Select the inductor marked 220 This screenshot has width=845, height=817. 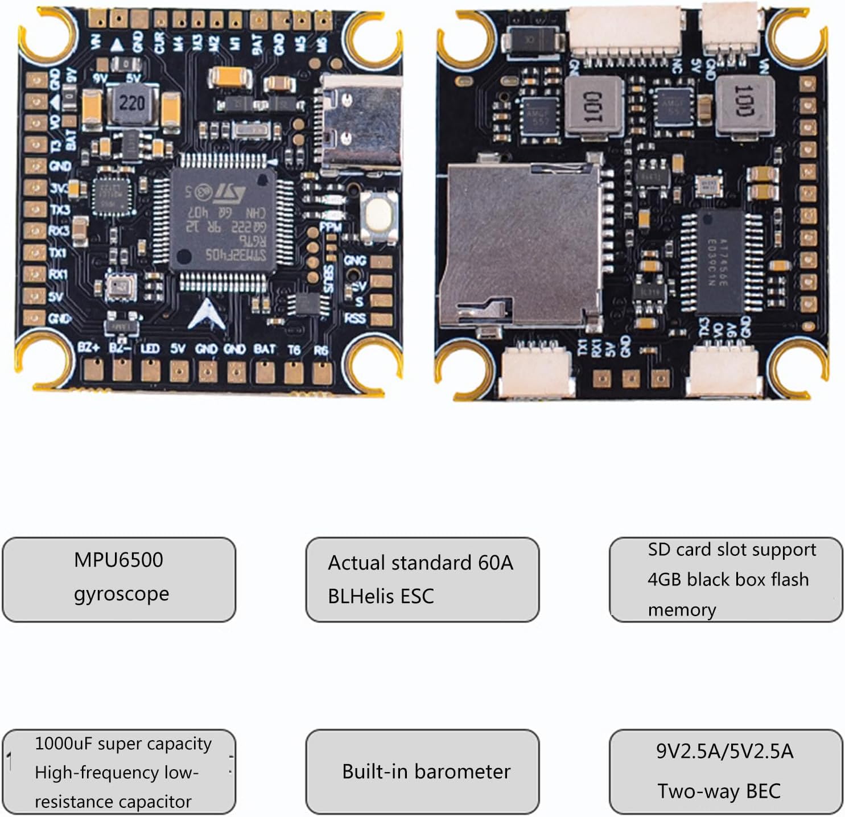pyautogui.click(x=131, y=103)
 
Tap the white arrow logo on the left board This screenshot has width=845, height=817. pyautogui.click(x=206, y=315)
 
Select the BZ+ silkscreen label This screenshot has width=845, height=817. pyautogui.click(x=89, y=348)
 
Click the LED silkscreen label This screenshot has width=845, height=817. pyautogui.click(x=150, y=348)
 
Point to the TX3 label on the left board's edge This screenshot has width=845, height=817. pyautogui.click(x=59, y=210)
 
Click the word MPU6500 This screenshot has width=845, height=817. pyautogui.click(x=118, y=560)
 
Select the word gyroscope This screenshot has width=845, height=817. pyautogui.click(x=121, y=593)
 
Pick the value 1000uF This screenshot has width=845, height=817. pyautogui.click(x=63, y=744)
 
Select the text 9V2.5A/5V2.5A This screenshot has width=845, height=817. pyautogui.click(x=724, y=752)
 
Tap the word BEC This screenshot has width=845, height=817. pyautogui.click(x=762, y=791)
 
